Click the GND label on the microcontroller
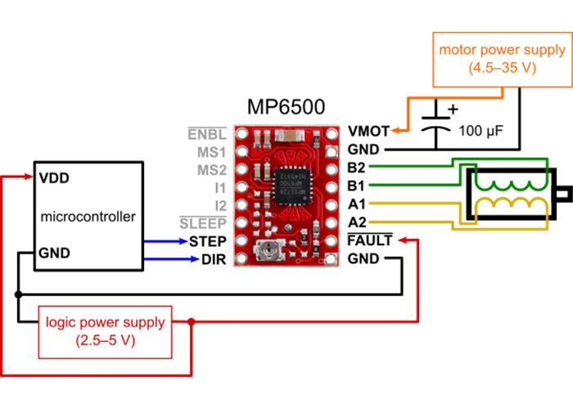(x=54, y=253)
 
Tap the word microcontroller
(x=88, y=217)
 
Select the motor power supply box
(x=502, y=59)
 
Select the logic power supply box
(x=105, y=331)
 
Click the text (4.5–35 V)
(x=502, y=69)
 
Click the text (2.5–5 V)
(x=105, y=340)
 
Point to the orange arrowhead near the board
(x=395, y=130)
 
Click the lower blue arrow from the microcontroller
(x=172, y=258)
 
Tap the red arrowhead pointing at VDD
(x=30, y=177)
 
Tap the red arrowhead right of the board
(x=402, y=240)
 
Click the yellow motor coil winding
(x=512, y=207)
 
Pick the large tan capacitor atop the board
(x=291, y=137)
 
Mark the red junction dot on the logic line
(x=192, y=321)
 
